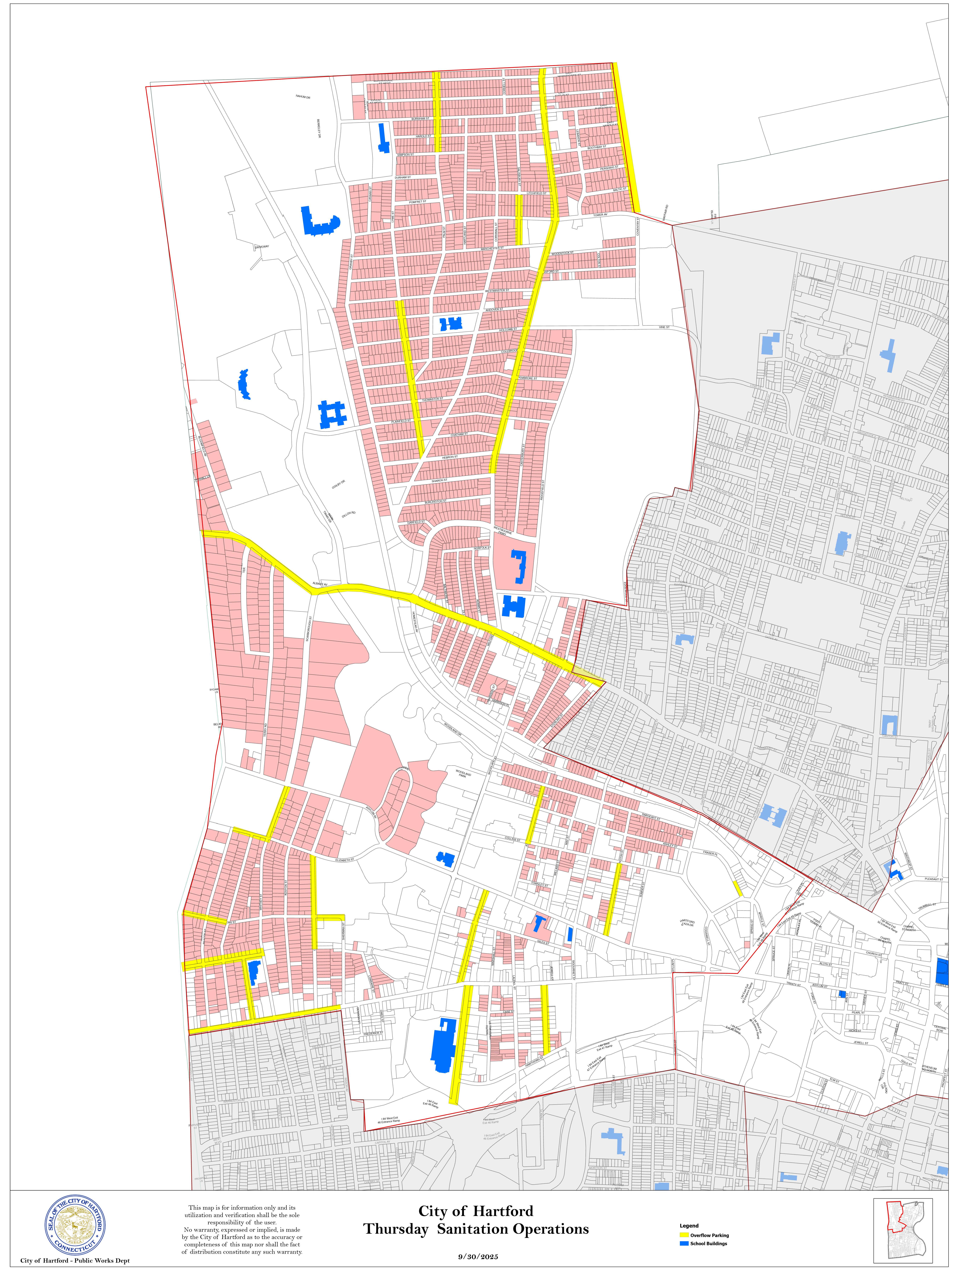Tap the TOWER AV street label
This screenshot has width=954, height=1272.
pos(600,214)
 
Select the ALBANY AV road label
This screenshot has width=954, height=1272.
pos(320,584)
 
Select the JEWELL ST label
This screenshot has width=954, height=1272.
pos(861,1042)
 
